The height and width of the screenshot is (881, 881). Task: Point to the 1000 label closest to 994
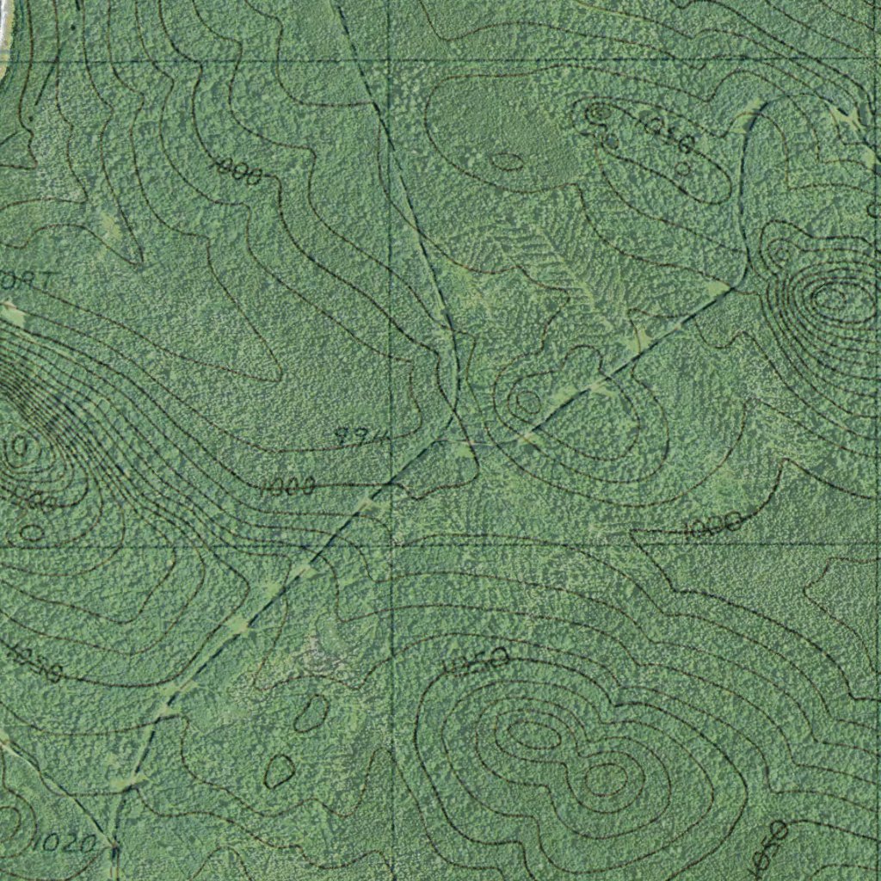coord(288,487)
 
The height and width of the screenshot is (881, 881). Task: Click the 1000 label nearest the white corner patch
coord(237,171)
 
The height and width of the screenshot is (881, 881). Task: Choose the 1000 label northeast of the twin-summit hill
coord(712,523)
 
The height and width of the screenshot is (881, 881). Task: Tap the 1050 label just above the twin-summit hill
coord(478,662)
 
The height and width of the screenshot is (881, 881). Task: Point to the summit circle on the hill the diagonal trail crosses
coord(525,401)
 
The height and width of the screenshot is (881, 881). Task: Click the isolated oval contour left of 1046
coord(507,161)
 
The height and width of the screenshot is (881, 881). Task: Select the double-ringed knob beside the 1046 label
coord(597,111)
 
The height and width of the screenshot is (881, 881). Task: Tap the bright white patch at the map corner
coord(4,26)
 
